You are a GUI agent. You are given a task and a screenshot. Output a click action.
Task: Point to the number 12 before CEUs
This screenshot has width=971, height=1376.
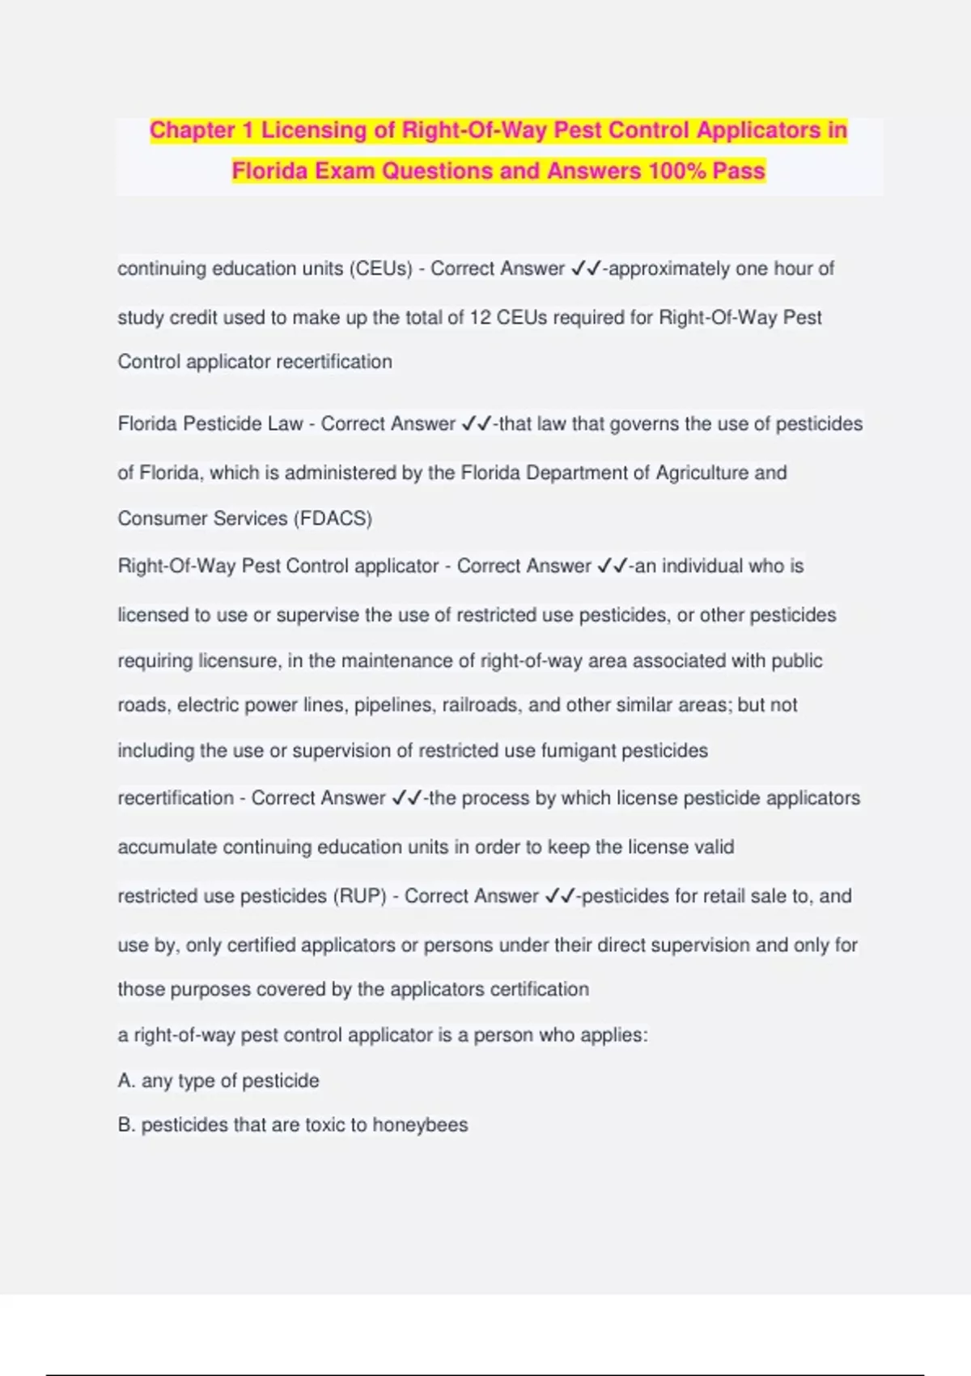point(480,317)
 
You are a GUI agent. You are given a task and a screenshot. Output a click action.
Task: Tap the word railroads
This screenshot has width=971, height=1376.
point(480,705)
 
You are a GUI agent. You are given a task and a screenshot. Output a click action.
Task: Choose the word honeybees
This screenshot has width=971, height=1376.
point(420,1125)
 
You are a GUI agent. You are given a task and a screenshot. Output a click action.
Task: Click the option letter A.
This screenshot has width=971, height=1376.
point(126,1081)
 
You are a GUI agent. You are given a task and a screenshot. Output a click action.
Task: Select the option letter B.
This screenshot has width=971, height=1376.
point(126,1125)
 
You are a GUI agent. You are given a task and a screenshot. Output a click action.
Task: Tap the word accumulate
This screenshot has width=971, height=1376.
point(167,847)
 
